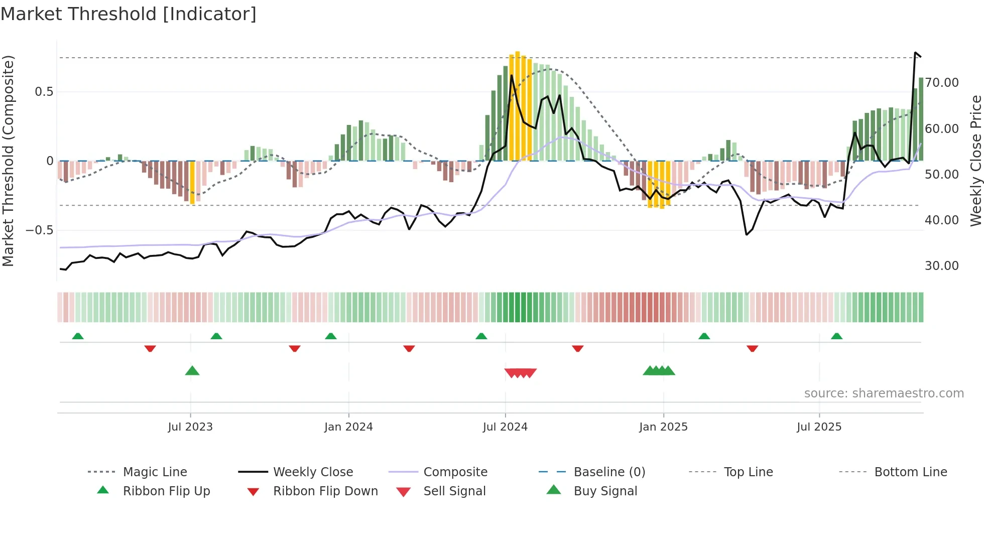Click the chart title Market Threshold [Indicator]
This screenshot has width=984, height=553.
129,14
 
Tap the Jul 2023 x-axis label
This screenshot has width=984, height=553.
190,427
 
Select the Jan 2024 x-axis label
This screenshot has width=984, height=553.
348,427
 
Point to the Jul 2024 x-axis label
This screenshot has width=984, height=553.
505,427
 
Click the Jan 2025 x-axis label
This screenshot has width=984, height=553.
663,427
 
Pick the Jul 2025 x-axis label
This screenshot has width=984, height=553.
819,427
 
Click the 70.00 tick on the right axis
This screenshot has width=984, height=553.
941,83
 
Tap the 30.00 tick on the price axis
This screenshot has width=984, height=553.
941,266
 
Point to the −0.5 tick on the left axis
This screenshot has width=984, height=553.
39,230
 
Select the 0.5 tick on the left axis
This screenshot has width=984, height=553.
44,92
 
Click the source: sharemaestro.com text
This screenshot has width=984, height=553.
884,393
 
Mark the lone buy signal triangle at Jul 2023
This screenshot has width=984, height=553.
192,371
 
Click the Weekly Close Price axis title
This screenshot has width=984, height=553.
975,161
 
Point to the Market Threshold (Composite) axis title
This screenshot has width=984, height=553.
8,161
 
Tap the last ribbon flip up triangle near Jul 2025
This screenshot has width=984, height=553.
836,336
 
